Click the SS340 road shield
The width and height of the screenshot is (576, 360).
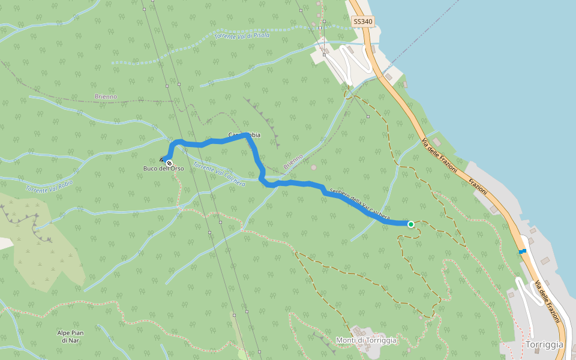click(x=363, y=22)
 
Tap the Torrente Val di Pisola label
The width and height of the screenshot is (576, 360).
click(x=242, y=35)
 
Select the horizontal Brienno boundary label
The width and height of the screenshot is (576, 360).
click(x=106, y=97)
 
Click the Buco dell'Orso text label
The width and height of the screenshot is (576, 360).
click(x=163, y=169)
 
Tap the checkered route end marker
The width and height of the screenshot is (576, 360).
click(x=170, y=163)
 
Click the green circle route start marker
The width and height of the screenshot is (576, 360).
click(x=411, y=224)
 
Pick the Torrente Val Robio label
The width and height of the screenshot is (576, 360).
click(x=49, y=186)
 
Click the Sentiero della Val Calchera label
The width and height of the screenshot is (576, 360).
click(x=360, y=205)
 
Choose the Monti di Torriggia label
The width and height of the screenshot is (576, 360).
click(x=366, y=340)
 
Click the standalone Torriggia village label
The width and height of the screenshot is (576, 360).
click(x=544, y=344)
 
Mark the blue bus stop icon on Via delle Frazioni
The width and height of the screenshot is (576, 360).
click(x=523, y=251)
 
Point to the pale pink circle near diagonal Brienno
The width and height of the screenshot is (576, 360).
click(x=313, y=167)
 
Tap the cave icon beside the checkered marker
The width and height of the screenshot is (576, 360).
click(x=163, y=160)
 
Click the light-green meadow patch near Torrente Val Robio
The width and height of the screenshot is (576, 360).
click(x=48, y=252)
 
